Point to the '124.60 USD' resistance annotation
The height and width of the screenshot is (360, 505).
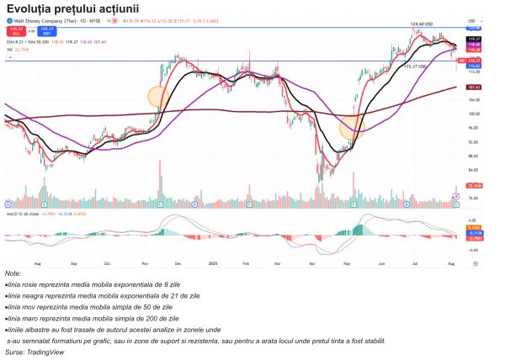(x=420, y=24)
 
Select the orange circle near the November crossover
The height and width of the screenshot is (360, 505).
(x=158, y=96)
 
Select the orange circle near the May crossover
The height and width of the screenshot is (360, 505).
(x=352, y=129)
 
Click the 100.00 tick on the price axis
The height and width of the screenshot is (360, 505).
(x=473, y=114)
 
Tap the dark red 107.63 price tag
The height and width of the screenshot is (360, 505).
(x=474, y=87)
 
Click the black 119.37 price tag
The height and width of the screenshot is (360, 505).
(x=474, y=39)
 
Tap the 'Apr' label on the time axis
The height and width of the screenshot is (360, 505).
(x=312, y=263)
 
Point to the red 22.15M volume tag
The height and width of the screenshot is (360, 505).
(x=474, y=185)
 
